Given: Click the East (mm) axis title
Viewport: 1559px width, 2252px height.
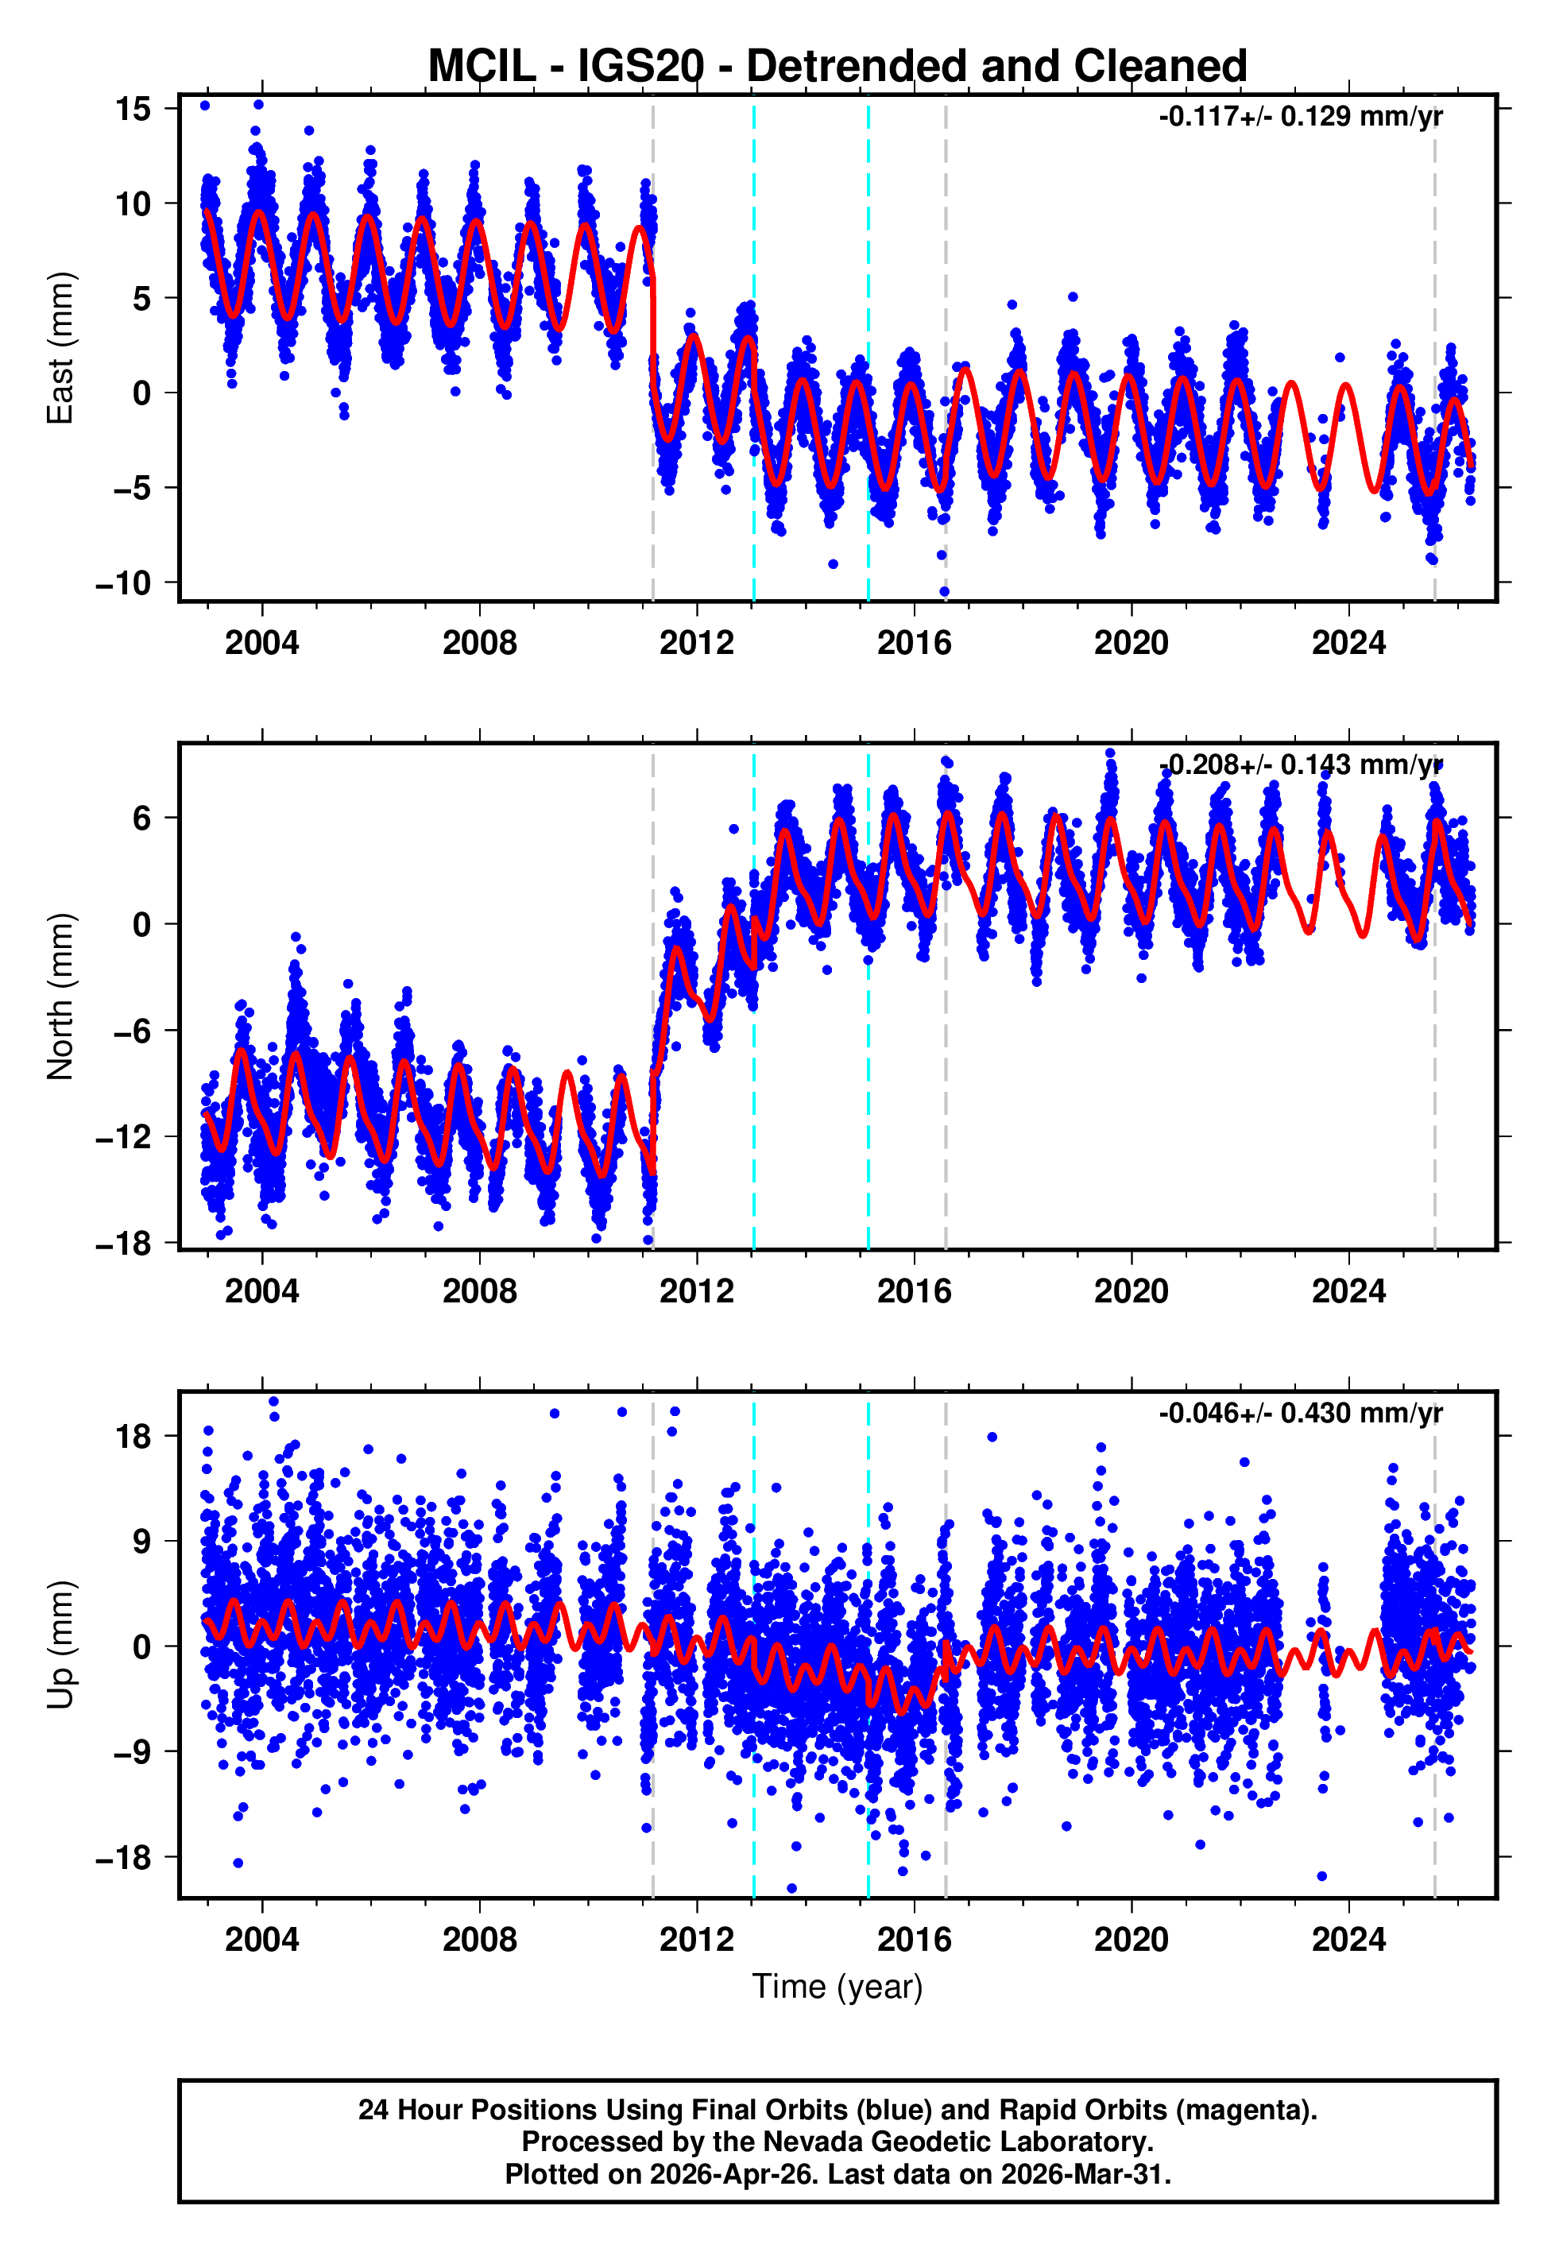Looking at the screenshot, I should point(60,348).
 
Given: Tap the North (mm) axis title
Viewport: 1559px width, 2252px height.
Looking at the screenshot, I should point(60,996).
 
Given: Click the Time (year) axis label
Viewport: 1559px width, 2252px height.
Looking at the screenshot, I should point(838,1987).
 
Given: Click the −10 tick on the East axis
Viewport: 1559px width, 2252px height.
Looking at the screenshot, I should point(123,584).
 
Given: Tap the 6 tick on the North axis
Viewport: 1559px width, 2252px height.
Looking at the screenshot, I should point(142,818).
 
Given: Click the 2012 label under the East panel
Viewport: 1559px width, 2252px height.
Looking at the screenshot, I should point(697,644).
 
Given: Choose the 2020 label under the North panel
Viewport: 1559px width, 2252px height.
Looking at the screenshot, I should point(1132,1292).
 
